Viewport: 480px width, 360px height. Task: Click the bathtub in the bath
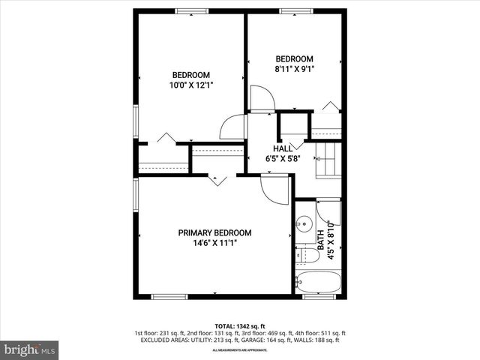pos(319,283)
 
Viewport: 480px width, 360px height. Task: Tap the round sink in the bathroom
pos(304,223)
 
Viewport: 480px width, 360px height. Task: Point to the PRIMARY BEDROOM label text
pos(214,232)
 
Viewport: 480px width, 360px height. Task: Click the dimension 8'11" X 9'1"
pos(294,69)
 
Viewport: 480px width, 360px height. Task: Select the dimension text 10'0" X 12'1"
pos(191,85)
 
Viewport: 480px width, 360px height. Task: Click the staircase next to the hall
pos(327,160)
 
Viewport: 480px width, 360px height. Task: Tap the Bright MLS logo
pos(30,349)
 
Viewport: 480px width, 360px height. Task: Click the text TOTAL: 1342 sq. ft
pos(239,325)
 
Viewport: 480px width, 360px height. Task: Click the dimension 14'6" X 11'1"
pos(214,242)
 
